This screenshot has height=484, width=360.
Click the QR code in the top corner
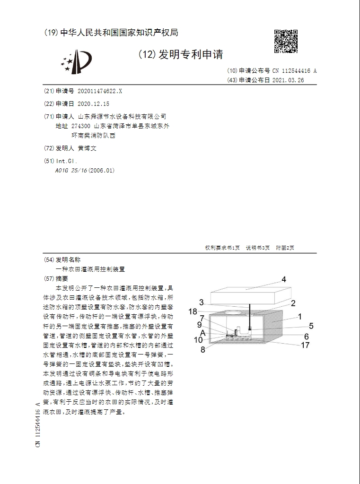pos(286,41)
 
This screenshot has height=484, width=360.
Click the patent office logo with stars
pos(75,62)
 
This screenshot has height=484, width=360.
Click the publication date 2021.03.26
pos(288,80)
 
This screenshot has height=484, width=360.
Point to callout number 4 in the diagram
pos(284,279)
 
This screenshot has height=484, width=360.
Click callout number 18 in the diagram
pos(193,311)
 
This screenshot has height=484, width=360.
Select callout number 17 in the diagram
pos(305,345)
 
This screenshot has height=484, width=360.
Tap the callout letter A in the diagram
pos(202,332)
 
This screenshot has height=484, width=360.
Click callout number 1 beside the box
pos(299,316)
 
